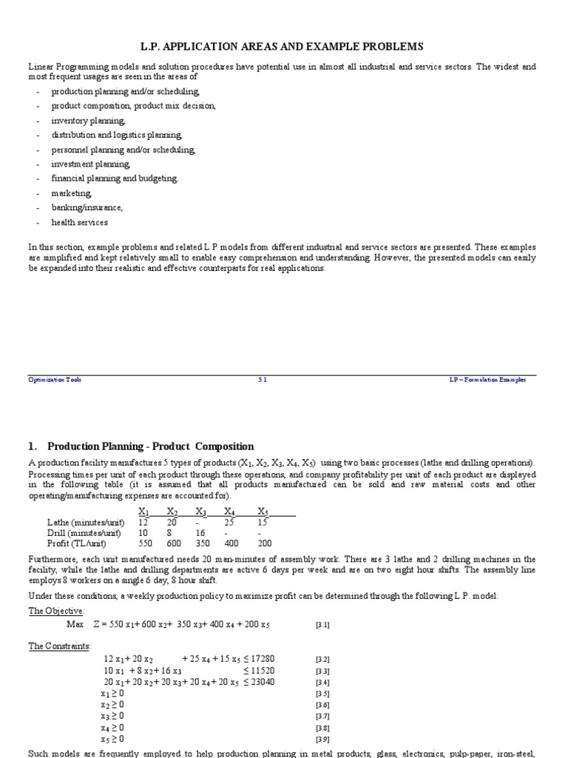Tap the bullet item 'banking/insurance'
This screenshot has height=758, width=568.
(87, 207)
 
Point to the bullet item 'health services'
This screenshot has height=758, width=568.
(79, 222)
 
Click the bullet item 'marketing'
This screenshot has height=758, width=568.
(72, 192)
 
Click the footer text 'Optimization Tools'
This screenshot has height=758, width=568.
(55, 380)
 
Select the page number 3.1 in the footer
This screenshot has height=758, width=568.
(262, 380)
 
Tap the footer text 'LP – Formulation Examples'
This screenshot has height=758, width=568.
(487, 380)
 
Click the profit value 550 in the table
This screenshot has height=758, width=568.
(146, 543)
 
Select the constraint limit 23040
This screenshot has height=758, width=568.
(260, 682)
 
